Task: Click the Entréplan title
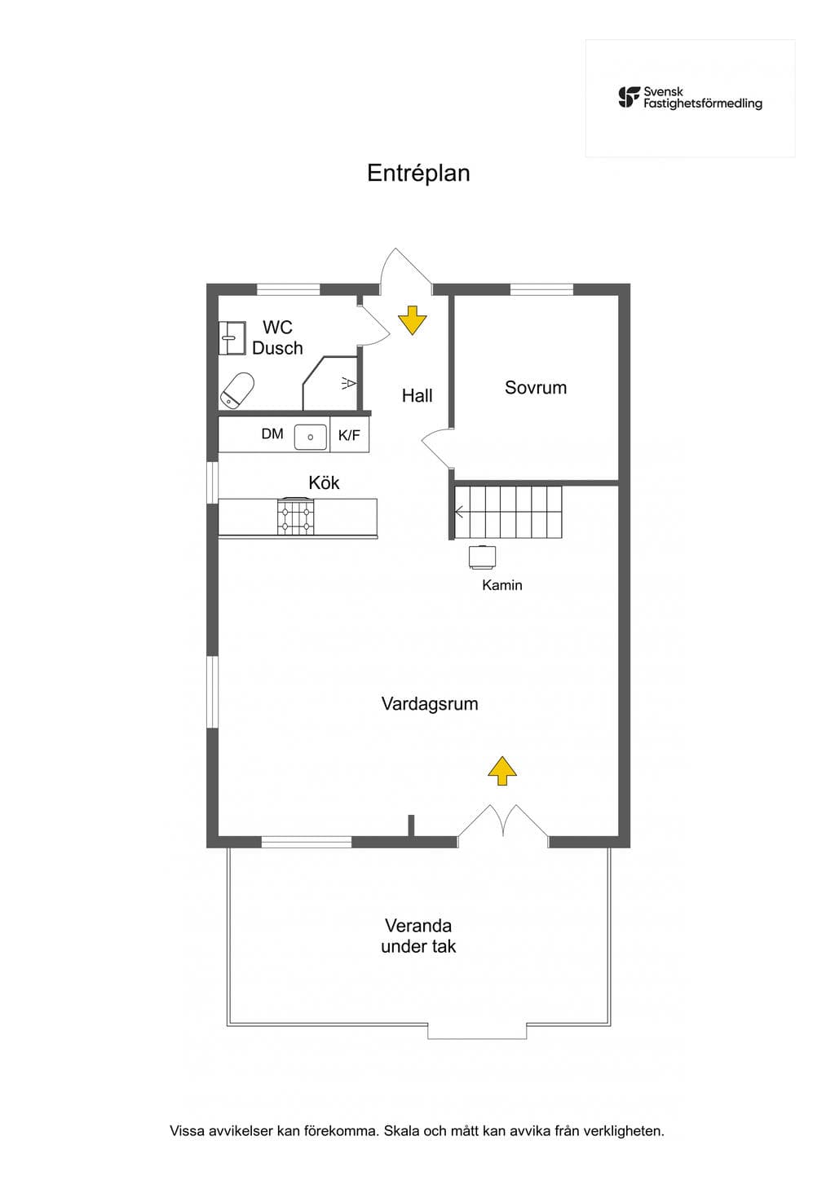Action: point(418,174)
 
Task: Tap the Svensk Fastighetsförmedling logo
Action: point(691,98)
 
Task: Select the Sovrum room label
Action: point(536,388)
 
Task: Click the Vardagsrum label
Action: point(430,704)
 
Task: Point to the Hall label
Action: point(417,395)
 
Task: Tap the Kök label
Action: point(324,482)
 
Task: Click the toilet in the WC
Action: point(237,390)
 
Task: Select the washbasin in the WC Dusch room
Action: point(232,337)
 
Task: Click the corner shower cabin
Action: point(330,384)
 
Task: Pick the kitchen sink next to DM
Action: point(311,438)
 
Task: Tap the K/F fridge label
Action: point(349,435)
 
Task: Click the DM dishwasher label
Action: point(272,434)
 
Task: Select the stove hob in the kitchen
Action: point(296,517)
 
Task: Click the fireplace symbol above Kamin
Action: point(483,557)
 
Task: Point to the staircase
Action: point(509,512)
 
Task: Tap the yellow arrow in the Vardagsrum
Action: point(501,771)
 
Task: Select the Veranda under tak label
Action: point(418,936)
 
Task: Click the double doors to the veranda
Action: point(503,821)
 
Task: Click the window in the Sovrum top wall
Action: point(541,289)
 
